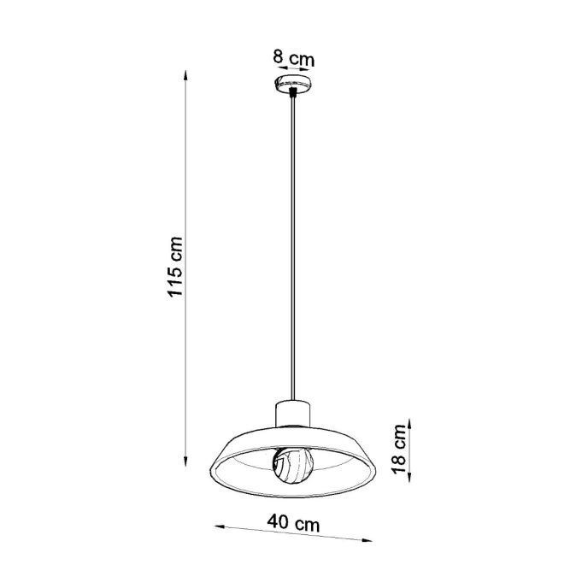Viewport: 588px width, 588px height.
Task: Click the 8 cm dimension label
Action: (293, 59)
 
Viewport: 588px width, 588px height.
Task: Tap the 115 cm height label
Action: (175, 266)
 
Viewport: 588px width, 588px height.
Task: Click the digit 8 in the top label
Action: (277, 59)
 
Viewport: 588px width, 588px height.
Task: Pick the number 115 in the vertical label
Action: (175, 279)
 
